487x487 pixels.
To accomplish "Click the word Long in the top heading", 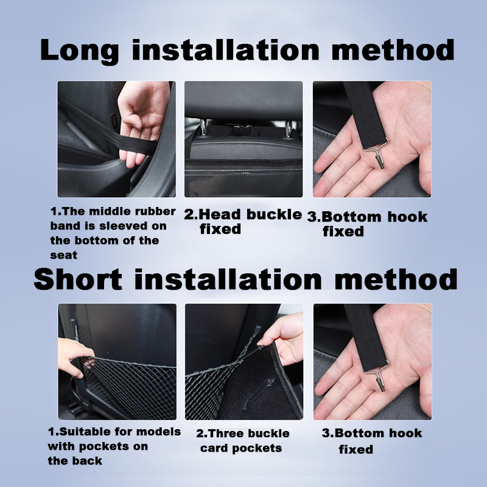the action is [79, 51].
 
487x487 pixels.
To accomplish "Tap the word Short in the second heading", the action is [78, 279].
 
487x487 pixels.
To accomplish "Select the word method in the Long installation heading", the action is [393, 50].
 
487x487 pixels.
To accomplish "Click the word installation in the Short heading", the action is [228, 279].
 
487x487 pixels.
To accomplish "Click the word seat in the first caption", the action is [64, 255].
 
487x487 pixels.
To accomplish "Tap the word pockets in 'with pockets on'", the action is [103, 446].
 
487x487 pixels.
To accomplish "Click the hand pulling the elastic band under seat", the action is [141, 121].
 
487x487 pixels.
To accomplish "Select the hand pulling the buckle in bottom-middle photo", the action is [284, 338].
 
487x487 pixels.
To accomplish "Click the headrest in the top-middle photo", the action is [243, 99].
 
